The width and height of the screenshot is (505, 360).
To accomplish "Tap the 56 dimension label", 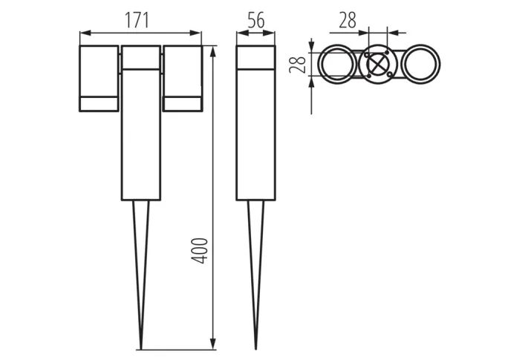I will tap(256, 21).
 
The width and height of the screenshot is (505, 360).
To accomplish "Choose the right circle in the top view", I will tap(422, 66).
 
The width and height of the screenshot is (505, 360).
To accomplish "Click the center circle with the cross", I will tap(379, 66).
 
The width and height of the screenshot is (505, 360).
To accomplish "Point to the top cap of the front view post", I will tap(141, 57).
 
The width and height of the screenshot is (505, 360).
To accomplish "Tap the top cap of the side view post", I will tap(256, 57).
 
